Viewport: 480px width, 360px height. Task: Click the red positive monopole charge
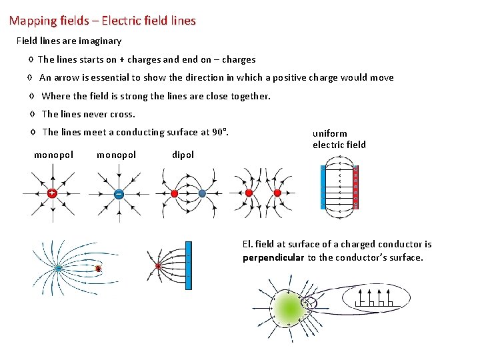(51, 193)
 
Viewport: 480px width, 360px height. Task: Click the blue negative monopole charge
(118, 194)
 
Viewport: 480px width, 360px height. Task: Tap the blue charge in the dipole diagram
(201, 193)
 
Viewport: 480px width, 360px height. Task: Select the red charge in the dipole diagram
(174, 193)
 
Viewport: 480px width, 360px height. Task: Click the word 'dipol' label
(183, 155)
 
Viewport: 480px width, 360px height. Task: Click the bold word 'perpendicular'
(273, 257)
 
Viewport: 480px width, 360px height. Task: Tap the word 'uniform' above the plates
(330, 133)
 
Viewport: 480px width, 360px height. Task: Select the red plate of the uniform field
(355, 187)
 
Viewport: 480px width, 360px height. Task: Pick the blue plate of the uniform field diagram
(324, 187)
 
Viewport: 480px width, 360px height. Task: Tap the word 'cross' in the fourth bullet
(121, 114)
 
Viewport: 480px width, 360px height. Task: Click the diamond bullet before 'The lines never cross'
(33, 114)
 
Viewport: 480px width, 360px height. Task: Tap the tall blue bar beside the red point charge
(188, 265)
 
